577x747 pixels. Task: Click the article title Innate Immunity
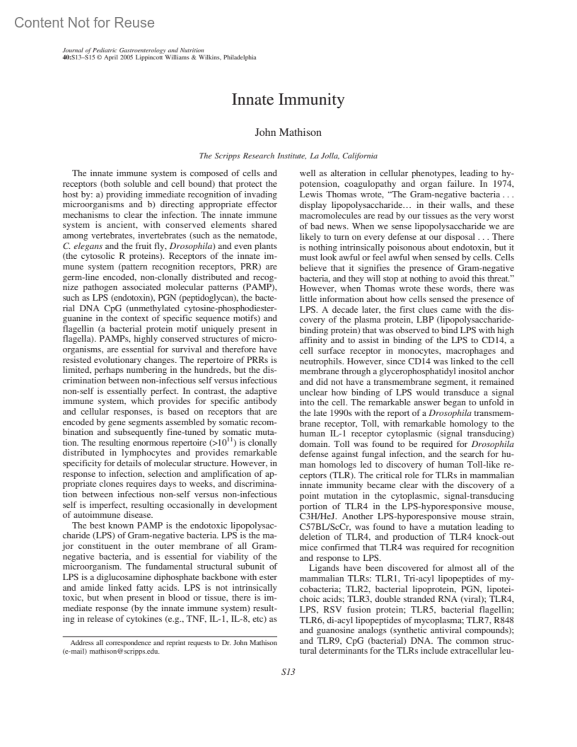288,100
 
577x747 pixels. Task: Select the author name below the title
288,132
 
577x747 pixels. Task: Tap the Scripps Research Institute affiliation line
288,156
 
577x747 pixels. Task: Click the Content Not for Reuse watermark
85,23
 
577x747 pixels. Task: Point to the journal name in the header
133,50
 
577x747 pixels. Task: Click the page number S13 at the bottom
288,672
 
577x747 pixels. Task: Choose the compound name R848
504,620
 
